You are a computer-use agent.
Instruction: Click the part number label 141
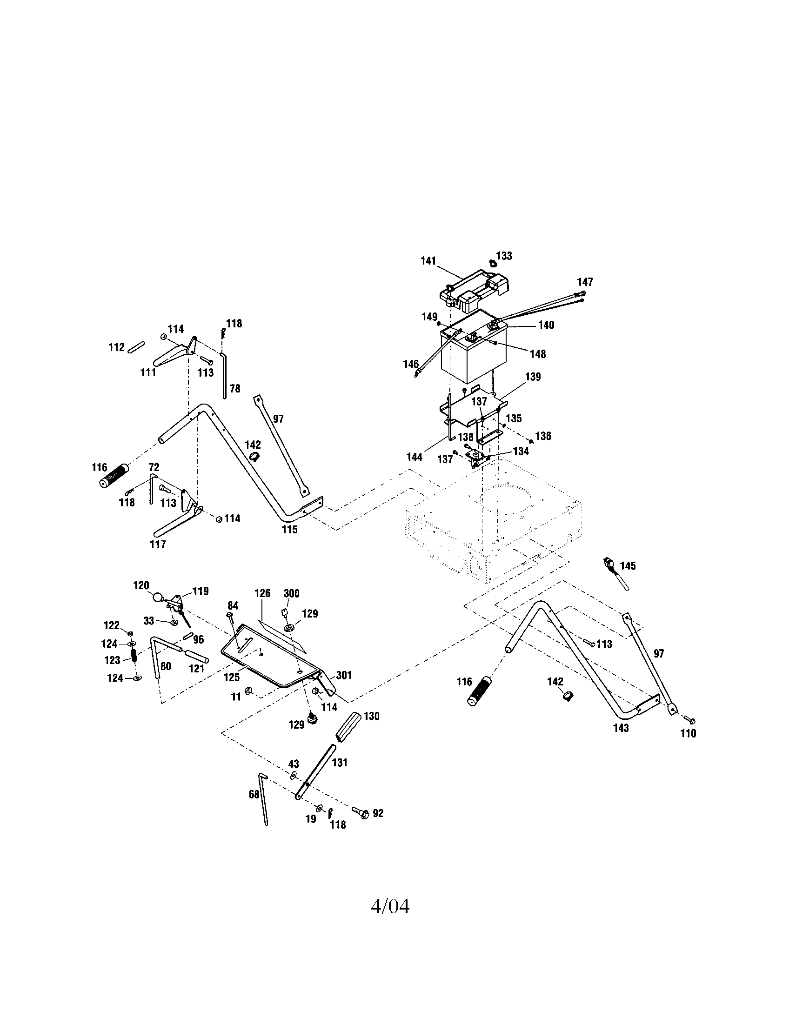[428, 261]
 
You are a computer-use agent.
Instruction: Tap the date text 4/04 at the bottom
[390, 906]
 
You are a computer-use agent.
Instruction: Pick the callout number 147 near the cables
[585, 282]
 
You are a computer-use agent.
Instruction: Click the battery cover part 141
[473, 291]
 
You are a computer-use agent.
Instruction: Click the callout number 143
[621, 728]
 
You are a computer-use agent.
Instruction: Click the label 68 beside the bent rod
[254, 794]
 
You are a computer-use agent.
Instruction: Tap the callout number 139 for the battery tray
[533, 377]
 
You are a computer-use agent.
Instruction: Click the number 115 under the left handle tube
[289, 529]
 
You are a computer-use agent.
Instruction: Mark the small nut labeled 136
[530, 441]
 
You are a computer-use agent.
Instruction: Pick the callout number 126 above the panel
[262, 593]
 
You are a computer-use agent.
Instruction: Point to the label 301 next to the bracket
[344, 676]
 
